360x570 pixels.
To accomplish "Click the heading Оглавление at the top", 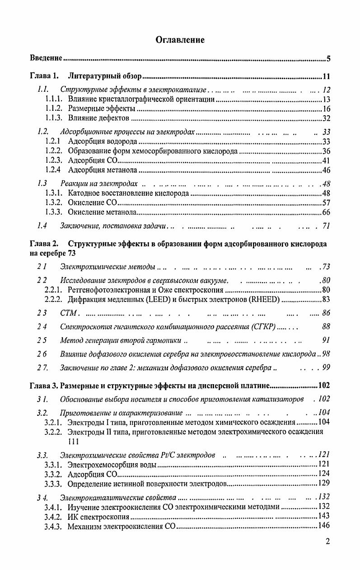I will (x=180, y=40).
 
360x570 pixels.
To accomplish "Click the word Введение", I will (x=46, y=59).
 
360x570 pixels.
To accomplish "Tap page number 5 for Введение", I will (x=329, y=59).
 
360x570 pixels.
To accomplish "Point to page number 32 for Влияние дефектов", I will (x=327, y=119).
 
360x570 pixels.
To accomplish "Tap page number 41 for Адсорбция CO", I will (x=327, y=161).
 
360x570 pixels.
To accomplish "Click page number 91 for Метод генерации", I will (x=326, y=340).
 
